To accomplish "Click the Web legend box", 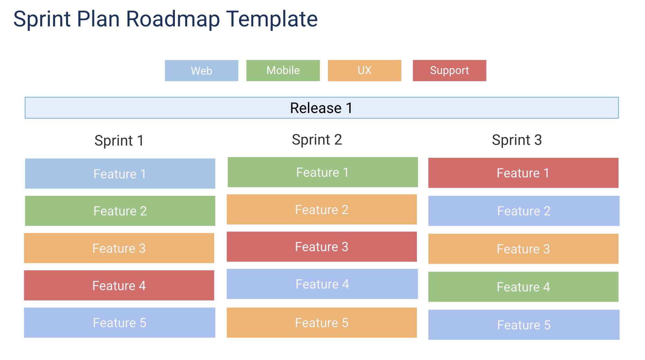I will (x=201, y=71).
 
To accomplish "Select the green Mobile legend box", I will (x=283, y=71).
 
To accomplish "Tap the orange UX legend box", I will (x=364, y=71).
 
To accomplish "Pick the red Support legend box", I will (x=449, y=71).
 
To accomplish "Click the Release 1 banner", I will (x=322, y=108).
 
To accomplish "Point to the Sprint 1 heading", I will (x=119, y=141).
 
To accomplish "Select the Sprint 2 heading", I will (x=317, y=140).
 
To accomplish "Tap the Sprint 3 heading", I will (x=516, y=140).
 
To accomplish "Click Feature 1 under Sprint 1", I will (x=120, y=174).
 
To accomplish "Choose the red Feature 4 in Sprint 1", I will (x=119, y=285).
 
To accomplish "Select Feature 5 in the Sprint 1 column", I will (x=120, y=323).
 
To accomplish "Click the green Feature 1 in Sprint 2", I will (x=322, y=172).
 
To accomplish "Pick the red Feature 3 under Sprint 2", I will (x=322, y=247).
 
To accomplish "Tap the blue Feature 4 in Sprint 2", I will (x=322, y=284).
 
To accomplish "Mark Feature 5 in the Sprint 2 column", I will (x=322, y=323).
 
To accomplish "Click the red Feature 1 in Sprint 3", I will (x=523, y=173).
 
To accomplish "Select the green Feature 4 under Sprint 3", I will (x=523, y=287).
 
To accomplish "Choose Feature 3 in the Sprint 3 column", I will (x=523, y=249).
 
